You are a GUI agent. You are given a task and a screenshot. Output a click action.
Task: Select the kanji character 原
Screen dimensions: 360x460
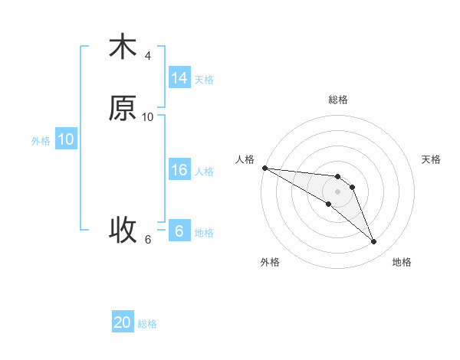(x=123, y=109)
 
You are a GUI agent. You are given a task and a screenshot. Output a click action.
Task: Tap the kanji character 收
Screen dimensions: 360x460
(x=123, y=228)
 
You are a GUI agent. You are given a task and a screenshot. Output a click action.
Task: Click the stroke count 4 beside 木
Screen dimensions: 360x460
(x=148, y=56)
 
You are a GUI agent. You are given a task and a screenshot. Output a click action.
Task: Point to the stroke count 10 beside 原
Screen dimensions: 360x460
(x=148, y=117)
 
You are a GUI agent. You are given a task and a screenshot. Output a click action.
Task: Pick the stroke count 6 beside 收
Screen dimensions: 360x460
(x=148, y=239)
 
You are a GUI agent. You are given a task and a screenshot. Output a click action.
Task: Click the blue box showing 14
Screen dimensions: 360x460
(x=179, y=78)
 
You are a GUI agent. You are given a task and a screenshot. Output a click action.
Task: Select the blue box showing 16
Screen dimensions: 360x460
(x=179, y=171)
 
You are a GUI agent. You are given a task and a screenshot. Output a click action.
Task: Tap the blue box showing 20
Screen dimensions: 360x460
(x=123, y=323)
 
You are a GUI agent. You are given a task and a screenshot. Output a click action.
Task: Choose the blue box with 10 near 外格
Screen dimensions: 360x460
(x=66, y=139)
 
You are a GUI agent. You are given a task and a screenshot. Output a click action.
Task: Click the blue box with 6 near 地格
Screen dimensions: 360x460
(x=179, y=231)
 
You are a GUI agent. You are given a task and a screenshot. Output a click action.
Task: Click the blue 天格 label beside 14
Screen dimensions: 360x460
(x=204, y=80)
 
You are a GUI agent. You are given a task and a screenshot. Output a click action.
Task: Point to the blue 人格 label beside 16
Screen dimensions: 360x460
(x=204, y=172)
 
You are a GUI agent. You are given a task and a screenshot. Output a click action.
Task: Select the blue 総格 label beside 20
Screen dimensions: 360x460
(x=147, y=324)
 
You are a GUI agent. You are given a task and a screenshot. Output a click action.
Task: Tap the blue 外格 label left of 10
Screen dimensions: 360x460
(x=41, y=141)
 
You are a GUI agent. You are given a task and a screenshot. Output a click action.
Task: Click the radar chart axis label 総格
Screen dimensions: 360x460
(x=338, y=100)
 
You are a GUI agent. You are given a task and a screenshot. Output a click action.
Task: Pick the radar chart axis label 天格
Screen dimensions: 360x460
(x=432, y=159)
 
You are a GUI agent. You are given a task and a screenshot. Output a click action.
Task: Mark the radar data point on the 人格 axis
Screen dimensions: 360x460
(x=264, y=168)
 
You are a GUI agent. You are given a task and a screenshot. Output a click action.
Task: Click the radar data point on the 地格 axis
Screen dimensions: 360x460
(x=374, y=242)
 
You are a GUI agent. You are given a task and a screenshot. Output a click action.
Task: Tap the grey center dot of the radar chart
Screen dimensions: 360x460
(x=338, y=191)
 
